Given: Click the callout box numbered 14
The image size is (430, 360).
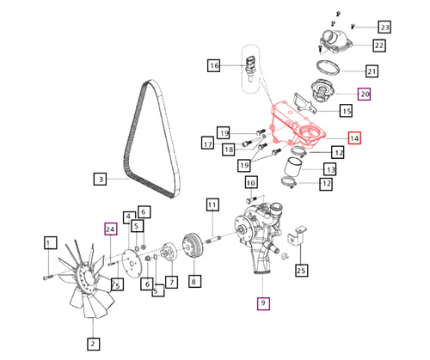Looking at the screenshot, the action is click(354, 138).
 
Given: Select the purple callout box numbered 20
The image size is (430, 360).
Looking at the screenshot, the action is click(364, 94).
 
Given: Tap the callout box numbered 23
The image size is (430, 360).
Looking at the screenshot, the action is click(384, 27).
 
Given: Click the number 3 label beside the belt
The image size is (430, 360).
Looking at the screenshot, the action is click(101, 179).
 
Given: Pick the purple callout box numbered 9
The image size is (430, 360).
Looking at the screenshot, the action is click(263, 303).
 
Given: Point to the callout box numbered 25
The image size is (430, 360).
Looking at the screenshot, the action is click(302, 271).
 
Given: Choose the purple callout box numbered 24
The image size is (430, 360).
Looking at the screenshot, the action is click(111, 229).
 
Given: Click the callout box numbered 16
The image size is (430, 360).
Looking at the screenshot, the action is click(214, 65).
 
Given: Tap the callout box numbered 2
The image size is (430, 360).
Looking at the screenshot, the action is click(94, 344).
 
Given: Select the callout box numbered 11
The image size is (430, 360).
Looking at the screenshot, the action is click(212, 204).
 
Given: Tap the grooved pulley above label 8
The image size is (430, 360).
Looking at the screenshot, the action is click(193, 247).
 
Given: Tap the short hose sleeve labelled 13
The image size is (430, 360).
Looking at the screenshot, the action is click(292, 166).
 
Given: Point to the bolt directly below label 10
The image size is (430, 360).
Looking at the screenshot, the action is click(250, 199).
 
